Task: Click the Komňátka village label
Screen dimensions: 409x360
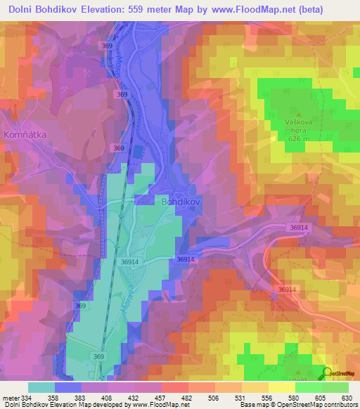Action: coord(25,133)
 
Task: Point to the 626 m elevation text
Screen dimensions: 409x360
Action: coord(298,138)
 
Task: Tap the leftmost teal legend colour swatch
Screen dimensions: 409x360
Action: coord(41,387)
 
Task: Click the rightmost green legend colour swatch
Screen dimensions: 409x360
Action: coord(335,387)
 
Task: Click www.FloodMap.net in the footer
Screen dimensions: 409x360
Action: coord(159,405)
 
